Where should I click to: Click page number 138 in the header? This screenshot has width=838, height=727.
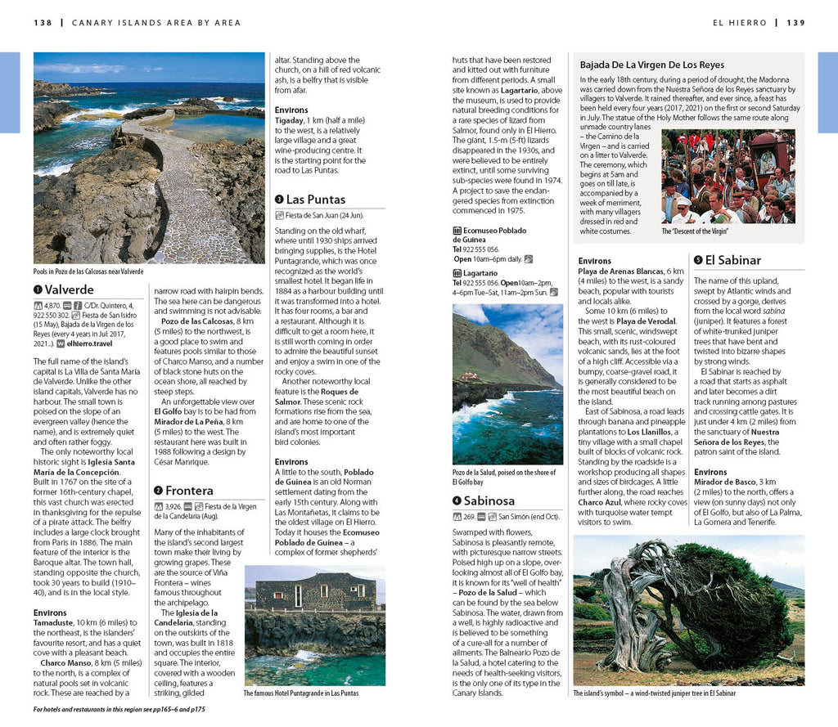43,23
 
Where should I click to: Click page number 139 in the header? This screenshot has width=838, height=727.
795,23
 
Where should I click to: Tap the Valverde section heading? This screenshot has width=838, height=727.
70,289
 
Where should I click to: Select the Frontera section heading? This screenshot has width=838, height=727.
189,491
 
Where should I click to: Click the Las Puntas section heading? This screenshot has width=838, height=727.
316,200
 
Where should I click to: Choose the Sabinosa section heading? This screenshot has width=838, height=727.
489,500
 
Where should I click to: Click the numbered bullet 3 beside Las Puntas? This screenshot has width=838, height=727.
279,200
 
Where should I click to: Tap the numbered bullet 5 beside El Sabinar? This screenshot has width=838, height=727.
698,261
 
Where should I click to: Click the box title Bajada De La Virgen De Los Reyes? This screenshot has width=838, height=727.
652,65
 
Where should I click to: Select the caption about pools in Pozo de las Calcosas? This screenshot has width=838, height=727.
88,272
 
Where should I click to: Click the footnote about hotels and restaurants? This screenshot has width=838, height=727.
119,709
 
